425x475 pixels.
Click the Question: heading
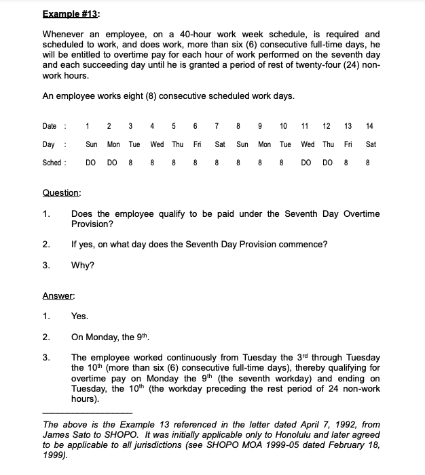pos(61,193)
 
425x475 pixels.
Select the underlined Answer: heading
pos(58,295)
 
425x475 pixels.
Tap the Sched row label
pos(52,163)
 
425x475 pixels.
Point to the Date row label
pos(51,126)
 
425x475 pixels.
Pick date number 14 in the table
pos(369,126)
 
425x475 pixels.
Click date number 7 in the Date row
pos(215,126)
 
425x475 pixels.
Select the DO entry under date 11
pos(307,163)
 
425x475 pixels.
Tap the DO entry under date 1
pos(90,163)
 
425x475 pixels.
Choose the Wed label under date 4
pos(157,144)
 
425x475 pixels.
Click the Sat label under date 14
pos(371,144)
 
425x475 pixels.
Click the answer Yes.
pos(79,316)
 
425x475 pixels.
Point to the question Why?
pos(82,266)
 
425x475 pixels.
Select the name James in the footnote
pos(56,434)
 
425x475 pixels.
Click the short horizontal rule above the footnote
pos(87,413)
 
